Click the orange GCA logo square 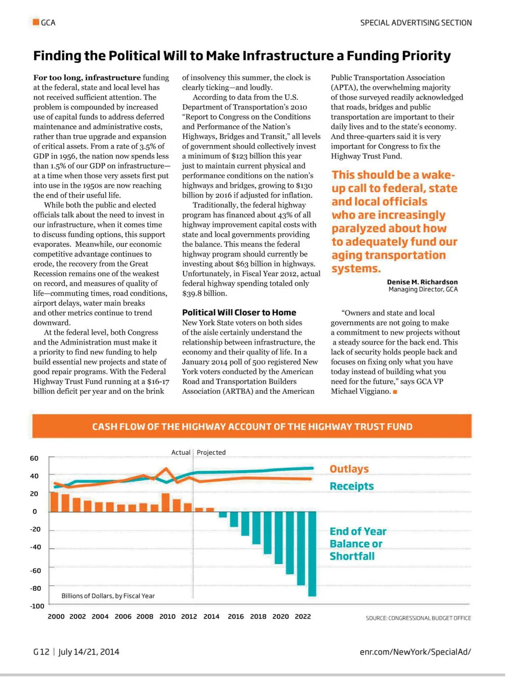coord(36,22)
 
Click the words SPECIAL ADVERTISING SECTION coord(416,22)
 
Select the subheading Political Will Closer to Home coord(239,312)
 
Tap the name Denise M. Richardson coord(422,282)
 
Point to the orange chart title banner coord(252,426)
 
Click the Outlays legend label coord(349,469)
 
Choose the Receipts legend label coord(351,486)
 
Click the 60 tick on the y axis coord(34,458)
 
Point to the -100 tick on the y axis coord(37,606)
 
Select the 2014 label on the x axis coord(211,616)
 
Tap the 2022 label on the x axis coord(302,616)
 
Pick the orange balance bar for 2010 coord(165,502)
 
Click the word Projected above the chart coord(211,452)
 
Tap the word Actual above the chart coord(180,452)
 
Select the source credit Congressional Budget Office coord(418,618)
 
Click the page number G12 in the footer coord(41,651)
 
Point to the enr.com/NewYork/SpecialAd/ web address coord(415,651)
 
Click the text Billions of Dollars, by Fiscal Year coord(108,596)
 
